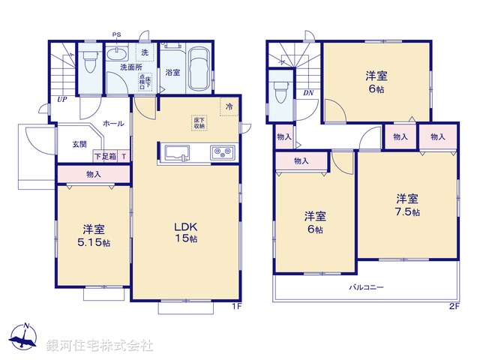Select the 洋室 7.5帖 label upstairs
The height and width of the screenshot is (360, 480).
[x=407, y=205]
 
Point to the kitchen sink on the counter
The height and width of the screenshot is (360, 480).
[x=175, y=153]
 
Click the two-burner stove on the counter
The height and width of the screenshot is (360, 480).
[x=223, y=152]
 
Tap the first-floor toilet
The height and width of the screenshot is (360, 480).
[x=89, y=60]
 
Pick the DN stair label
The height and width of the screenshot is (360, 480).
[x=308, y=93]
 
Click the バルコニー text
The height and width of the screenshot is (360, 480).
[x=366, y=287]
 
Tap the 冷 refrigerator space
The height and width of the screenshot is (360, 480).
[x=229, y=107]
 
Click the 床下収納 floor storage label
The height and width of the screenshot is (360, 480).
[x=199, y=123]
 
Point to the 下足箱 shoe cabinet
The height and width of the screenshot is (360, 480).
[x=105, y=157]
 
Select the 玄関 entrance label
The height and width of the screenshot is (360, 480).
[x=79, y=144]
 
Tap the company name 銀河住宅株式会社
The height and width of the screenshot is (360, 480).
[x=100, y=346]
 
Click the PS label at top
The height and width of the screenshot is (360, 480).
[x=116, y=34]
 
